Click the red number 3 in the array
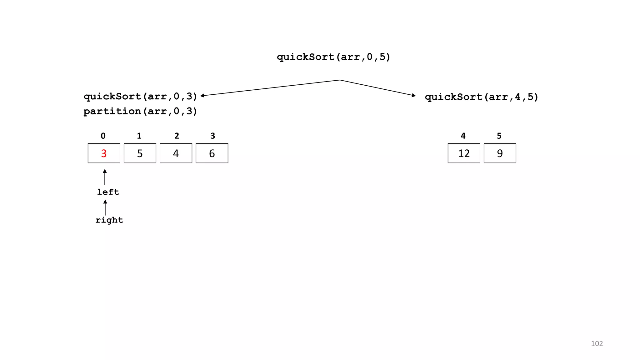pos(104,153)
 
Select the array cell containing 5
pos(140,153)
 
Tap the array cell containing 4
pos(176,153)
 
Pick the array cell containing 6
pos(212,153)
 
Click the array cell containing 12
pos(464,153)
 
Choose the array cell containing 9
pos(500,153)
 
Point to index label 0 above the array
pos(103,136)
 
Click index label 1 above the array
pos(139,136)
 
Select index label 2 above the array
pos(177,136)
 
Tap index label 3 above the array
pos(213,136)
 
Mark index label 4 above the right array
pos(463,136)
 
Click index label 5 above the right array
pos(499,136)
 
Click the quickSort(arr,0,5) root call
pos(333,57)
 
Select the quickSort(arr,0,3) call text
pos(140,96)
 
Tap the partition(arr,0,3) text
pos(140,111)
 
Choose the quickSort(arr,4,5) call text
pos(482,97)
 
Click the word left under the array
pos(108,192)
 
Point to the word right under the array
pos(109,220)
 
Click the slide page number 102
pos(597,343)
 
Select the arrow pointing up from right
pos(105,207)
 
